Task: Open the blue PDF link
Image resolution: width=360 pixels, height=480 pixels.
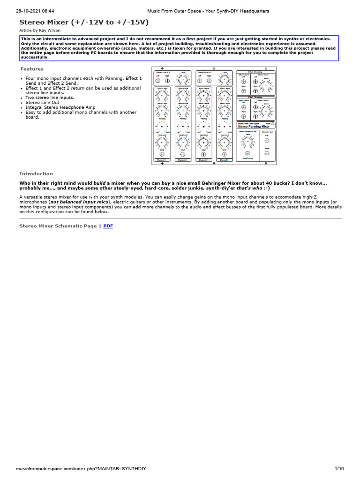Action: click(108, 226)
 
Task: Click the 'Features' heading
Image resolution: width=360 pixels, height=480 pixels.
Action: click(31, 69)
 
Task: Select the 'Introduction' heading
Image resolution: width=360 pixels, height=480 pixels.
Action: click(36, 173)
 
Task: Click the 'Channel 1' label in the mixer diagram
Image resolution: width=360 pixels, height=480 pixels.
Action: click(161, 160)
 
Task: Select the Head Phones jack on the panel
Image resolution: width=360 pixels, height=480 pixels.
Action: click(247, 153)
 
